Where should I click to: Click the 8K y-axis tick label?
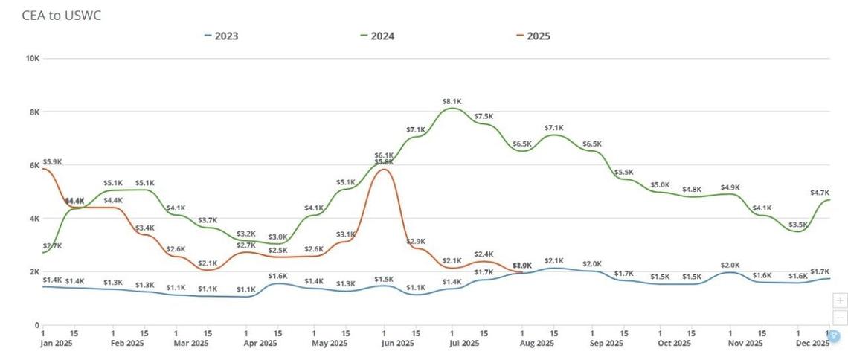coord(33,112)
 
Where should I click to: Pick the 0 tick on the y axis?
coord(36,325)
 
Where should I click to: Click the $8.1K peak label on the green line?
coord(452,101)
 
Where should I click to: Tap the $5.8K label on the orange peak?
coord(384,162)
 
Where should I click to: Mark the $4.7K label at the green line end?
coord(820,193)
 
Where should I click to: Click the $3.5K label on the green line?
coord(798,224)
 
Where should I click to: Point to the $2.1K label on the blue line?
coord(553,260)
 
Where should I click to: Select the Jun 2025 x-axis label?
coord(398,344)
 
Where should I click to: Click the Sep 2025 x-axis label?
coord(606,344)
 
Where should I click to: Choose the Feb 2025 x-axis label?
coord(126,344)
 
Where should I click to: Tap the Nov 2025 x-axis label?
coord(745,344)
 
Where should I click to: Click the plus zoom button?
coord(840,300)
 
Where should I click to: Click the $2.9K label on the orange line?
coord(415,242)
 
